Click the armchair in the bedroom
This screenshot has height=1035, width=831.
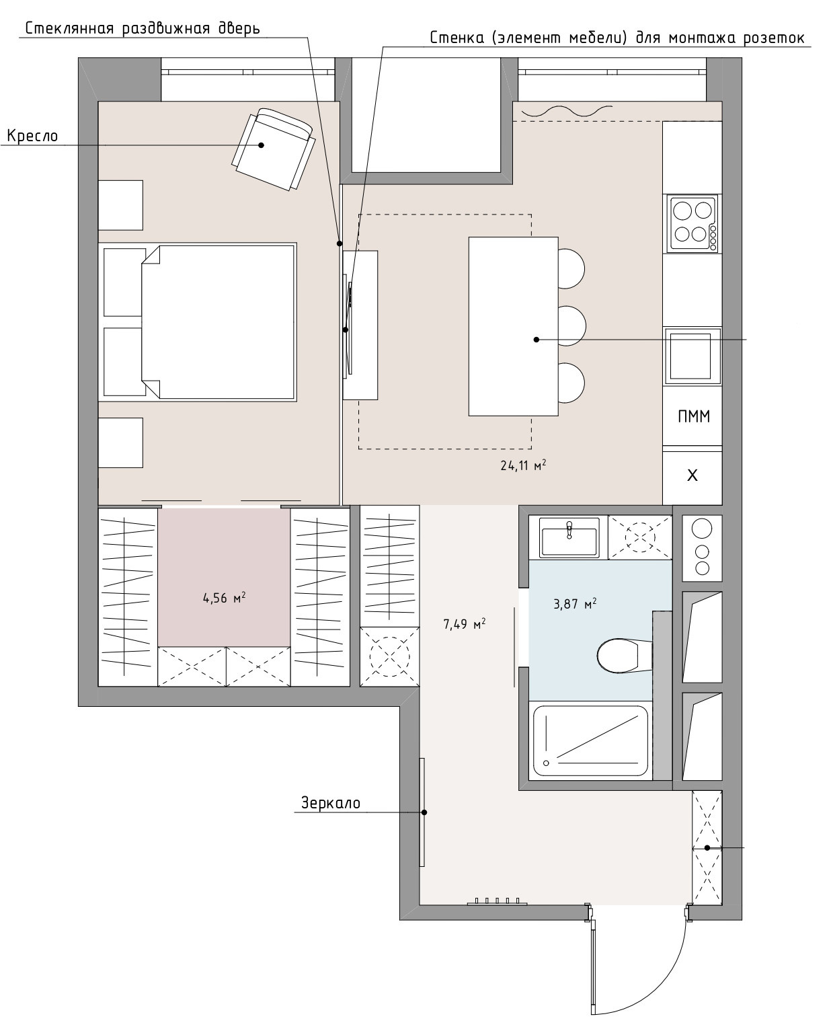(273, 149)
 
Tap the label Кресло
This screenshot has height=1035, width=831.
(33, 136)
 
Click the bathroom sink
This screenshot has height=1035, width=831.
(569, 538)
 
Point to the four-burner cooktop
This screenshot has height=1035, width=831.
(692, 223)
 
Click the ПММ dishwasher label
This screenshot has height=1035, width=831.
(693, 416)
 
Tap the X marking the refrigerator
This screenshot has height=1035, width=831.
(692, 475)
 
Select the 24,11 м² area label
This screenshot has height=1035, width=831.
(523, 465)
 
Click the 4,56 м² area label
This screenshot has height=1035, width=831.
(224, 598)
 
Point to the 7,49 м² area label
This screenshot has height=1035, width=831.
(464, 624)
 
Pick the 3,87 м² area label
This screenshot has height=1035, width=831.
(575, 604)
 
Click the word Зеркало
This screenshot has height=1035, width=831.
(330, 803)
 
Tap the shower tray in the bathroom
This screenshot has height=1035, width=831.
(590, 740)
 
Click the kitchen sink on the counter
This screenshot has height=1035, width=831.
(692, 356)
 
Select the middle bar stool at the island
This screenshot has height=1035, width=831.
(571, 325)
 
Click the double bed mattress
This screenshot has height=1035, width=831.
(217, 322)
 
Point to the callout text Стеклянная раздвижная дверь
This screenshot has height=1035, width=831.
(143, 28)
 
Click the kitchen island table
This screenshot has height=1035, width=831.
(513, 326)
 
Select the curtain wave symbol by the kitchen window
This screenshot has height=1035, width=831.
(567, 111)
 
